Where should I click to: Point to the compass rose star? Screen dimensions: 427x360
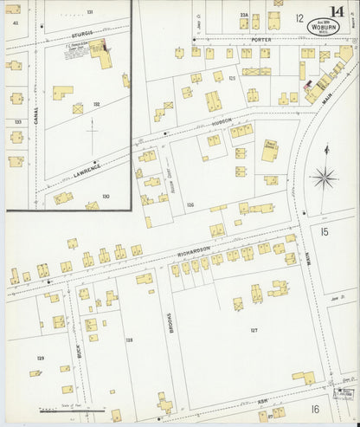click(x=325, y=179)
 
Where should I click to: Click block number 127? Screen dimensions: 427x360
click(x=254, y=330)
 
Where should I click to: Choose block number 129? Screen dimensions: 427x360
click(x=40, y=357)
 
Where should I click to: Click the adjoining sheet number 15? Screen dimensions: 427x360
click(x=324, y=231)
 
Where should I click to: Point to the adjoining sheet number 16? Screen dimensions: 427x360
click(x=316, y=408)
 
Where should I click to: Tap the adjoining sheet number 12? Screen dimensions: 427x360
click(x=299, y=18)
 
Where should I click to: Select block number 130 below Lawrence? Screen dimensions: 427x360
click(x=106, y=197)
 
